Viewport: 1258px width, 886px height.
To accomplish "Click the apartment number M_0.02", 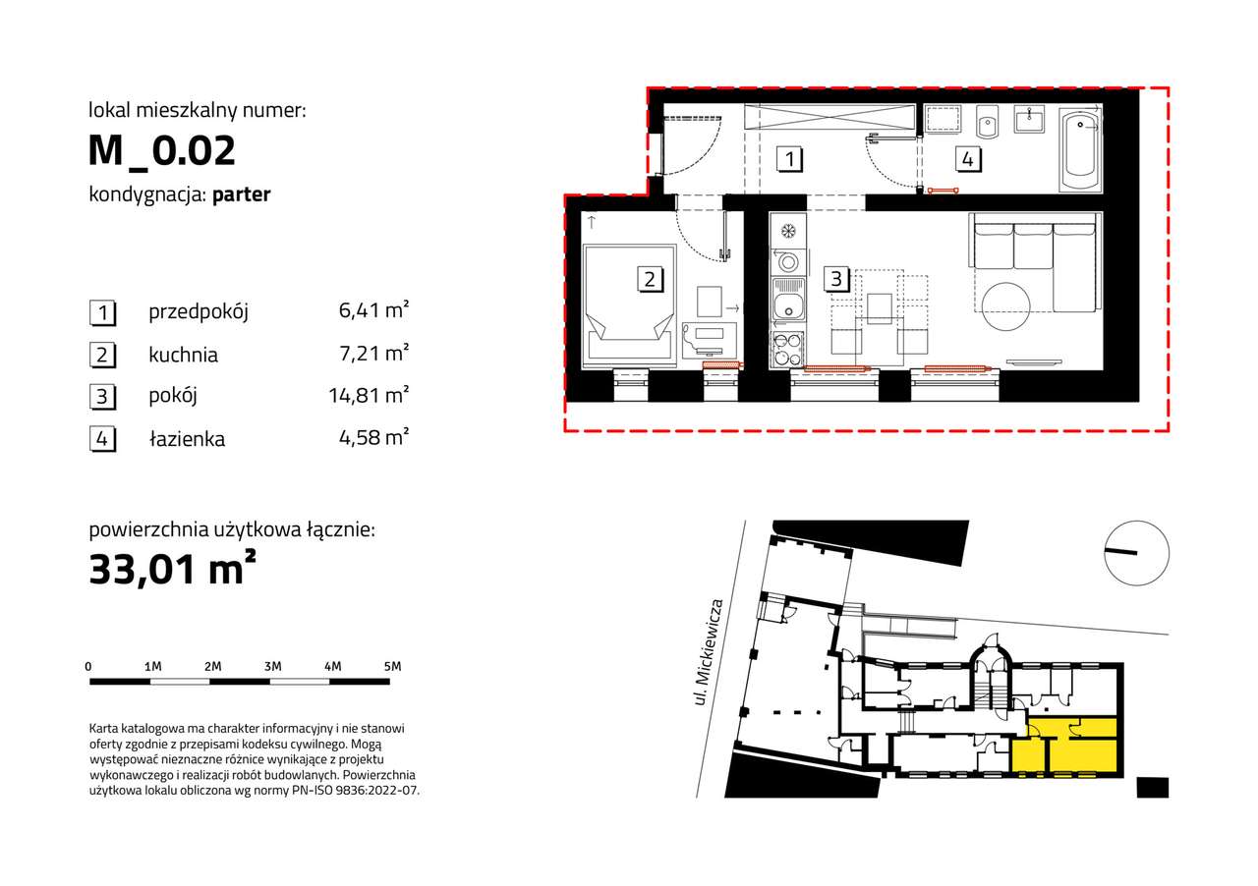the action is coord(162,150).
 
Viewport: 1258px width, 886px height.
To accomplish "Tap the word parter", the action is coord(242,194).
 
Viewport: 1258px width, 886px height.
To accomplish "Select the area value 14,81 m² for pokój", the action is coord(369,395).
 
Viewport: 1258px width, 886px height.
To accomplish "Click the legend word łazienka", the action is coord(187,438).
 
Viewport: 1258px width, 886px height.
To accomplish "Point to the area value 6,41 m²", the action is coord(373,310).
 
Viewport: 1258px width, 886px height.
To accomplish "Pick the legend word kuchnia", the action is coord(183,355).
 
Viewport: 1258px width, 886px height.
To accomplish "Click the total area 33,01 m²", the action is coord(172,568).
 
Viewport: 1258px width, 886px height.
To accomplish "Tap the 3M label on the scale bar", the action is coord(273,667).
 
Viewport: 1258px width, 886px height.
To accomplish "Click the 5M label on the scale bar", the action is coord(392,667).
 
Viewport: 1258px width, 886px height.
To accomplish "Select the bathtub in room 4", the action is coord(1079,150).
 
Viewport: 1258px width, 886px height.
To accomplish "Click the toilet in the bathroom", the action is coord(987,122).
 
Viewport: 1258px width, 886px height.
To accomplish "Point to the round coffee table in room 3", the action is coord(1005,306).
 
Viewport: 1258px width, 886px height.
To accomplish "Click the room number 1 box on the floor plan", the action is coord(789,159).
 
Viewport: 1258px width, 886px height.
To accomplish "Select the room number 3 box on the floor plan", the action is coord(835,279).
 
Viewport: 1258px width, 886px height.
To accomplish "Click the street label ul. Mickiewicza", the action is coord(710,652).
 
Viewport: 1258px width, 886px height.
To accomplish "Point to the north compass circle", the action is coord(1137,553).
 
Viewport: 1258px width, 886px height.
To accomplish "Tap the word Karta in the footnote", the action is coord(104,728).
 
